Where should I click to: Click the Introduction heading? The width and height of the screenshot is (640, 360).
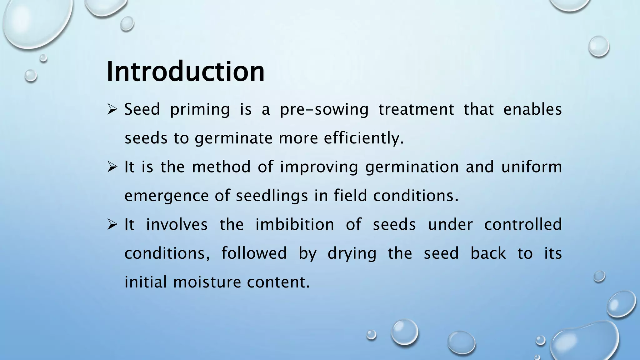186,72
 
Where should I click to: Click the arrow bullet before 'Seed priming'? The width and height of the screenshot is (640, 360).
112,110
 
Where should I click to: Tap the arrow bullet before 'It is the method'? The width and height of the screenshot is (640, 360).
112,167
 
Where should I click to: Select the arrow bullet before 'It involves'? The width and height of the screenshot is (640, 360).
112,225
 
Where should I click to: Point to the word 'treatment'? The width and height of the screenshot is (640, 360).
416,110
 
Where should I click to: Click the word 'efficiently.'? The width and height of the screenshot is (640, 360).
364,138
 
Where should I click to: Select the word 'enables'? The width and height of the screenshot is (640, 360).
532,110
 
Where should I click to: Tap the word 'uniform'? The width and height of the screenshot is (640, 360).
532,167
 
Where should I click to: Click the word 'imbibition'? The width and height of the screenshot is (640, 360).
295,224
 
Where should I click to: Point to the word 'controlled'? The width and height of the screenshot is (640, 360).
523,224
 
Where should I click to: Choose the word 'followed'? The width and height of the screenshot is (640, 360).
254,253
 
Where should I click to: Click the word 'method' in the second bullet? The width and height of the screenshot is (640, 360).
221,167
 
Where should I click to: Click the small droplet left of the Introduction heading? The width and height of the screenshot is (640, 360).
31,76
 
